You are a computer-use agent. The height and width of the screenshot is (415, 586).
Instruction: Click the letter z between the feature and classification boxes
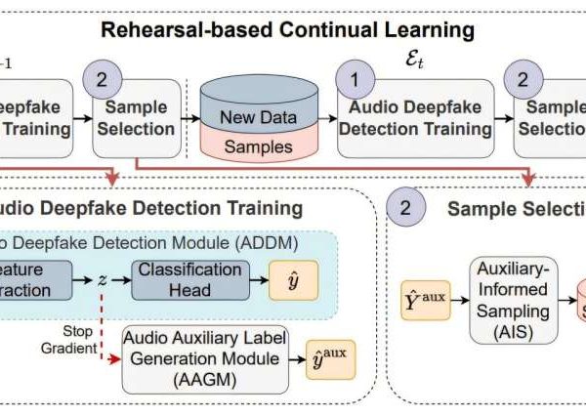tap(102, 279)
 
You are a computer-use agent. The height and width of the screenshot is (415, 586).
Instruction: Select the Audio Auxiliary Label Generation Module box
tap(202, 357)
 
